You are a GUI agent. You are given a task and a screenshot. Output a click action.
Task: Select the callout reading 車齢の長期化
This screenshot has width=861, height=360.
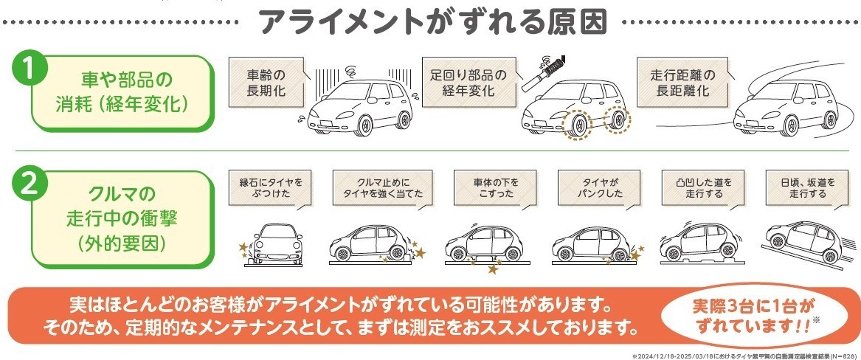coord(266,83)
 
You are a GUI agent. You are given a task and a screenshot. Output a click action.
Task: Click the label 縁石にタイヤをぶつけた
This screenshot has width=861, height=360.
coord(271,187)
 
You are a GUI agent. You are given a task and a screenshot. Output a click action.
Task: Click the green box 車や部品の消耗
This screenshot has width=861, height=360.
coord(122,91)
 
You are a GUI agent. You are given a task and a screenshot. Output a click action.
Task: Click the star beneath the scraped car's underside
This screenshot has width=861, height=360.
coord(493,269)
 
